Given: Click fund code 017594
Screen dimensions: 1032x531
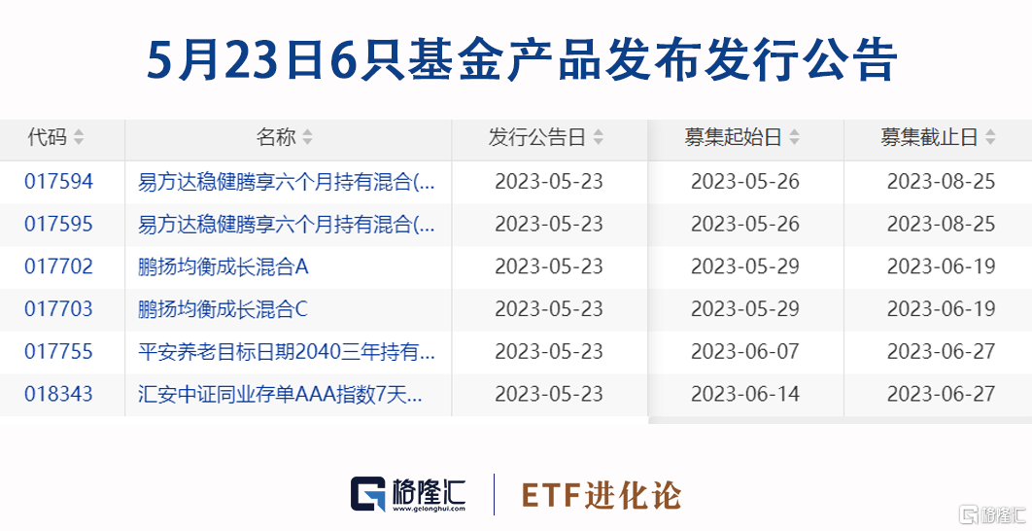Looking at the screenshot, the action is point(58,182).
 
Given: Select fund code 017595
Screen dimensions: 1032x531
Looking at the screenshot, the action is point(58,224).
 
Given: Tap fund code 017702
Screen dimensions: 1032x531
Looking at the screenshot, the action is point(58,266).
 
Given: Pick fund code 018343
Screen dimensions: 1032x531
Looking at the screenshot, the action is point(58,394).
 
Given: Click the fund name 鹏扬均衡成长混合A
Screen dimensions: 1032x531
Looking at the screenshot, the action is point(224,266).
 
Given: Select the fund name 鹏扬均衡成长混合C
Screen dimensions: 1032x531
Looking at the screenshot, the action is point(224,309).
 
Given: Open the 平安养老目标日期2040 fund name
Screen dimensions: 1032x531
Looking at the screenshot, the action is point(287,352).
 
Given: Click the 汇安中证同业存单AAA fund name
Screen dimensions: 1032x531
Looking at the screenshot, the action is point(281,394).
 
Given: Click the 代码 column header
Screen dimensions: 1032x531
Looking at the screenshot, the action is point(48,137).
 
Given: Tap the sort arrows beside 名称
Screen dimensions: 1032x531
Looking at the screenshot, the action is point(307,137).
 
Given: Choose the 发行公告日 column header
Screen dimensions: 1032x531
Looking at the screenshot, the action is point(537,137).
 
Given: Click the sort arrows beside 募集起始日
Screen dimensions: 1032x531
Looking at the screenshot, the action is point(794,137).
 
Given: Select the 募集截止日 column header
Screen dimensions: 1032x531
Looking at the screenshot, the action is point(929,137).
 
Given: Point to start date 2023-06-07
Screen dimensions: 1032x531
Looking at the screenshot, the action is point(745,352).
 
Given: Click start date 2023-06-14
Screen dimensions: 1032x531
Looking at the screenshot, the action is point(745,394).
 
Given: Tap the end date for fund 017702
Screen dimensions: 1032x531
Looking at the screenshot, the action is point(942,266).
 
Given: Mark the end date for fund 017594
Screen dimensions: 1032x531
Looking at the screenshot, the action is point(942,182).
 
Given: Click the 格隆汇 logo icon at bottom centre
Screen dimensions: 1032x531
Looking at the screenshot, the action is point(368,494).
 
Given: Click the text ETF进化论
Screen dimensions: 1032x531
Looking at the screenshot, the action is point(602,495).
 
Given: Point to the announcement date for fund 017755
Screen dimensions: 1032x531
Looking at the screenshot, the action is point(549,352).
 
